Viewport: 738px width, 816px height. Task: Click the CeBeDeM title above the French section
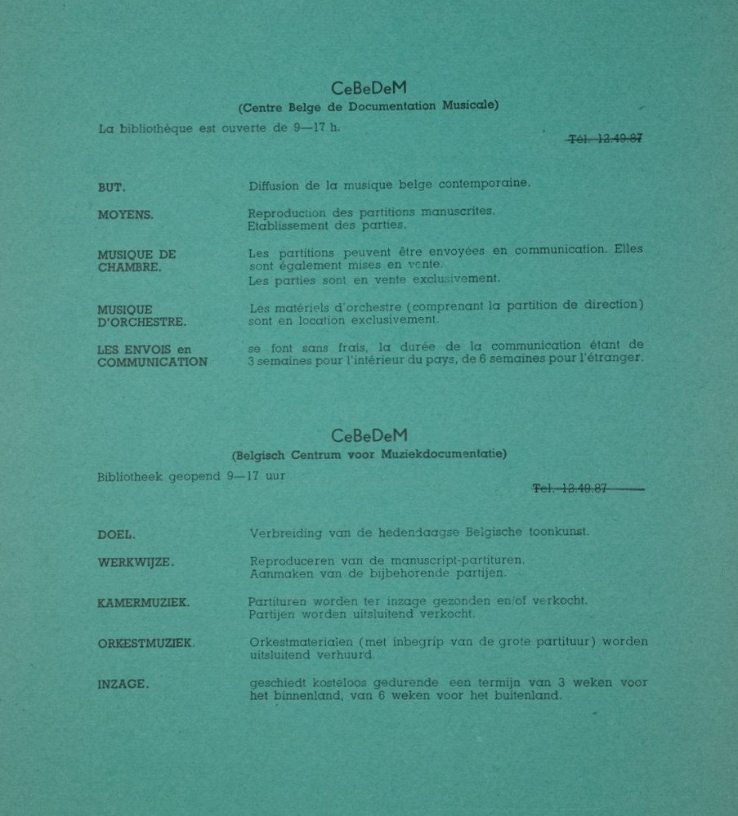click(369, 88)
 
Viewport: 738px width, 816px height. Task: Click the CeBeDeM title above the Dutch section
click(369, 435)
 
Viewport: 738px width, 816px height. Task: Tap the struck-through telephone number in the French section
click(605, 139)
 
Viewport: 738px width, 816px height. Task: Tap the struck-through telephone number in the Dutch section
click(570, 488)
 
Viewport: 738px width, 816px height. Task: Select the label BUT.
click(111, 188)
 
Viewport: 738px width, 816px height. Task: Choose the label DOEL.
click(116, 535)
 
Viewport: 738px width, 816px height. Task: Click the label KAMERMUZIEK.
click(143, 603)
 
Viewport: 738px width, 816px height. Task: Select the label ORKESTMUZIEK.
click(146, 644)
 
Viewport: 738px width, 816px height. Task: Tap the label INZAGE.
click(123, 684)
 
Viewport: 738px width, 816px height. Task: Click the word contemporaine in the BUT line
click(484, 184)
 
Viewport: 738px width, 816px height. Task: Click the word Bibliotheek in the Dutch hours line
click(130, 476)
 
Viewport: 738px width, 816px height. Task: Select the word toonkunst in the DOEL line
click(558, 532)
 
